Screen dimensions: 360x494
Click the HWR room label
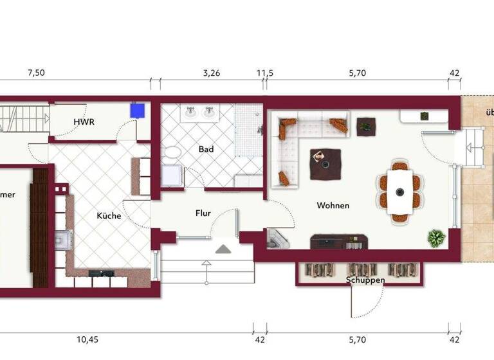[x=84, y=122]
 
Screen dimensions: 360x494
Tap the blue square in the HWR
[x=136, y=111]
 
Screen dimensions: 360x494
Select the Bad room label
[x=206, y=149]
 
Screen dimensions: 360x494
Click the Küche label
[x=109, y=216]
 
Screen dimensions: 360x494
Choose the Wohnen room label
[x=333, y=206]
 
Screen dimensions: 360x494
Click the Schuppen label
[x=365, y=280]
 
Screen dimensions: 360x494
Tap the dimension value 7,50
[x=36, y=73]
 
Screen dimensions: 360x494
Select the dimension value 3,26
[x=212, y=73]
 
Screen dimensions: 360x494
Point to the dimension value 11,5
[x=265, y=73]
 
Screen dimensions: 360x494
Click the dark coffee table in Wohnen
[x=325, y=164]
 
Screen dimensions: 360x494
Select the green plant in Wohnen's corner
[x=437, y=238]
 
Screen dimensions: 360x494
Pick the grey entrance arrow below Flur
[x=223, y=249]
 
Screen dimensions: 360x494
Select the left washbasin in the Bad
[x=191, y=114]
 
